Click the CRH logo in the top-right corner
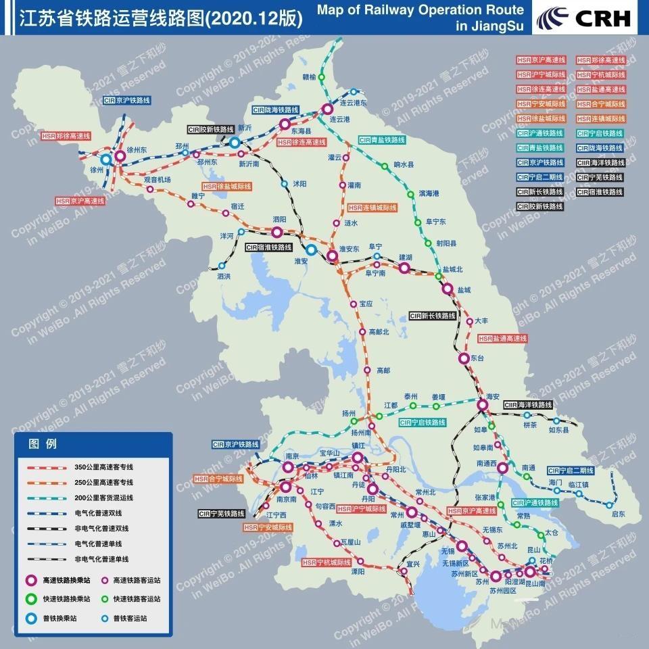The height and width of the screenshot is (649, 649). point(585,18)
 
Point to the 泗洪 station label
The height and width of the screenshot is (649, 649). point(224,276)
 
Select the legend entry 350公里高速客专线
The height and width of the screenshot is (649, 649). point(104,467)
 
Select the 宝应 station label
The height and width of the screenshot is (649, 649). point(366,304)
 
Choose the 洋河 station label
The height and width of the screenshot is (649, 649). point(226,236)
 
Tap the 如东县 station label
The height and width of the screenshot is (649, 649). point(559,429)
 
